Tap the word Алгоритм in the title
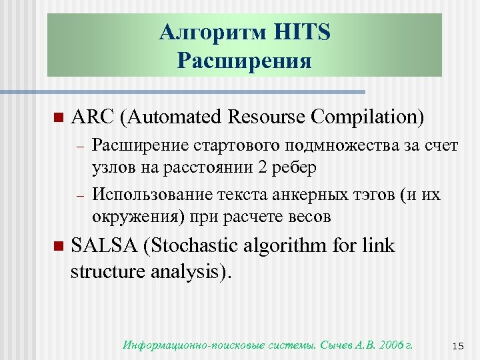point(212,33)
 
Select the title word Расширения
point(245,61)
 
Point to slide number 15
point(457,346)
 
